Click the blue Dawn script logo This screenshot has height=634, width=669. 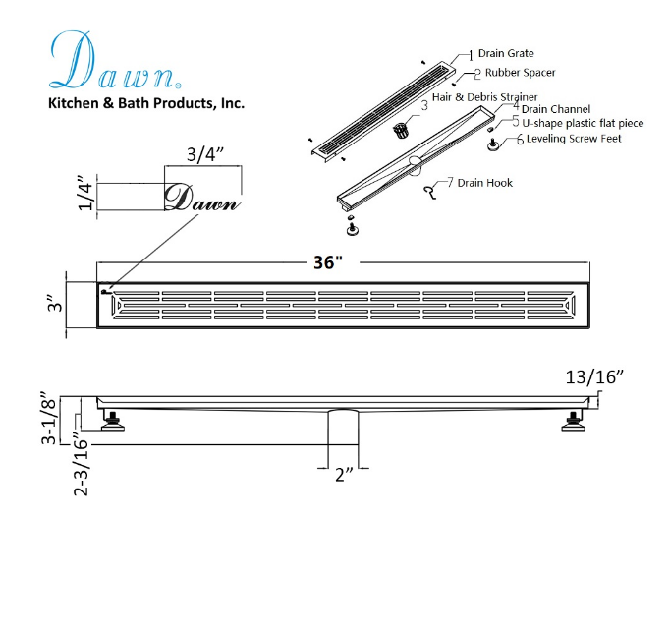(115, 60)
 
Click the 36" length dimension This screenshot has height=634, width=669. (328, 262)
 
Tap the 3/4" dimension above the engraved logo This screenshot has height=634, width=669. (205, 153)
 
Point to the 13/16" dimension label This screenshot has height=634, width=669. (594, 377)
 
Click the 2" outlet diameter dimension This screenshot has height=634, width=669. (344, 475)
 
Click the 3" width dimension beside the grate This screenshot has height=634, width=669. (55, 303)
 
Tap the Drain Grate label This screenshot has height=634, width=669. (506, 53)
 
